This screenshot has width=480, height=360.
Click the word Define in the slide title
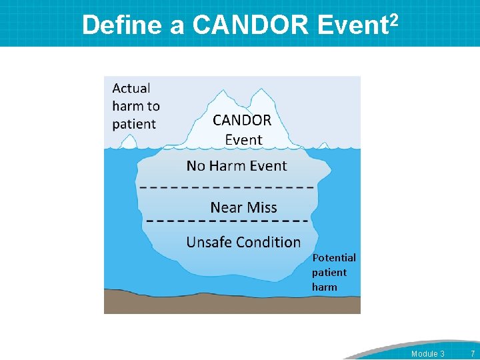coord(122,25)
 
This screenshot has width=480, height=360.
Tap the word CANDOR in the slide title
coord(251,25)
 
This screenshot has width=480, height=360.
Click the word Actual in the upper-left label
coord(131,88)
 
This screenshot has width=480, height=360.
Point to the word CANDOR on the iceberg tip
coord(242,121)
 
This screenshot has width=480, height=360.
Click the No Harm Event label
coord(237,166)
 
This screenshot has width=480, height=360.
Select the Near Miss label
coord(243,207)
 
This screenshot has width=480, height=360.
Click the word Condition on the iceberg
coord(270,242)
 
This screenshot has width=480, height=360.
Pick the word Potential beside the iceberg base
coord(334,257)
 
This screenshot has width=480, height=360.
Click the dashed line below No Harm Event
coord(227,187)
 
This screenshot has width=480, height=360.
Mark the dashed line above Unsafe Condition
coord(227,221)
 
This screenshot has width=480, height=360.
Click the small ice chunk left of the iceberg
coord(126,142)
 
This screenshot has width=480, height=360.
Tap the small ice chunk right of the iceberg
coord(323,145)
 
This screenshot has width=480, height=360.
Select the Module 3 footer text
coord(427,353)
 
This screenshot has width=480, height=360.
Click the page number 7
coord(472,353)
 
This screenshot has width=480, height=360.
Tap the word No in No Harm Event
coord(195,166)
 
